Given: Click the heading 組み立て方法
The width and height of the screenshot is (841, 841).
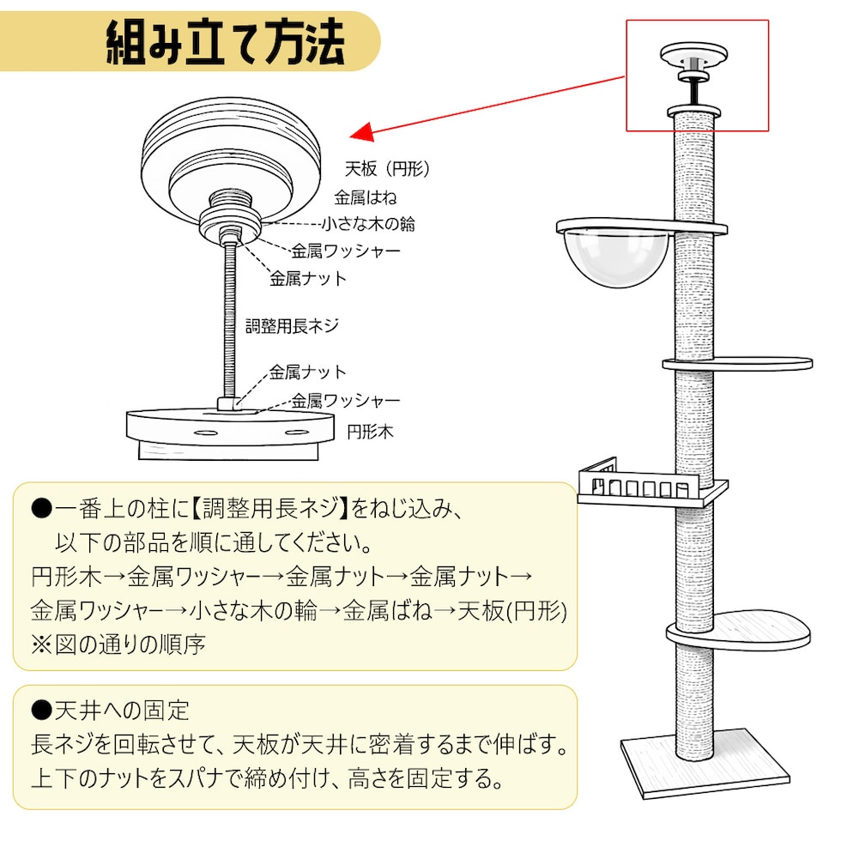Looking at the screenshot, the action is (225, 41).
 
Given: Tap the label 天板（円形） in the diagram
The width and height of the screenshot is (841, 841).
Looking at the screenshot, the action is (387, 168).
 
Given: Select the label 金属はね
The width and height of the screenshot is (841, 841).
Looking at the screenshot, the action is (366, 197).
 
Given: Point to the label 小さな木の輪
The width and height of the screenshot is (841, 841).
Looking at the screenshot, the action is (369, 224).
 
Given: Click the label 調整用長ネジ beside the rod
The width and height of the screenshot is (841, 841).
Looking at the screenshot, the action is (293, 325).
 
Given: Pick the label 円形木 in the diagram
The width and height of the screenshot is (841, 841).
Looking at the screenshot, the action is (370, 431).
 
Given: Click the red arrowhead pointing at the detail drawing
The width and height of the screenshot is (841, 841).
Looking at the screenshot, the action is (362, 131).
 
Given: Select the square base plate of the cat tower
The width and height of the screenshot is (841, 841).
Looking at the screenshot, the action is (705, 762).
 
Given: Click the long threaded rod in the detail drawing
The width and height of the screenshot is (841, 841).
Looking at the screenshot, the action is (230, 320).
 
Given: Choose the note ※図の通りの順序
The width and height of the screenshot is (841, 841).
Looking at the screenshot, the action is (118, 644).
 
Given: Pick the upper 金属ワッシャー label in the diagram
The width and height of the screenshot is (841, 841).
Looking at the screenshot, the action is (346, 251).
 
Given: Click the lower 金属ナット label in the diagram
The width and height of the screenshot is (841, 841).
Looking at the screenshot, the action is (308, 372).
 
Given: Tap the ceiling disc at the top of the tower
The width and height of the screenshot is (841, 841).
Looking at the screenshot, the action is (693, 54).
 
